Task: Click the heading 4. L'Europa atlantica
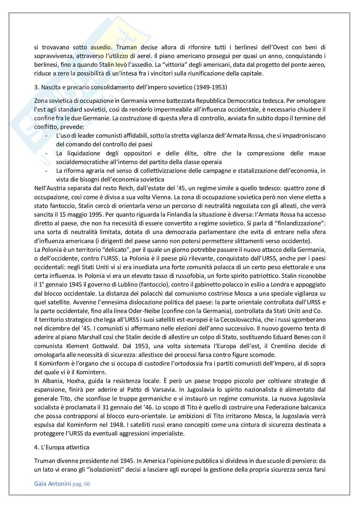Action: (x=62, y=447)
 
